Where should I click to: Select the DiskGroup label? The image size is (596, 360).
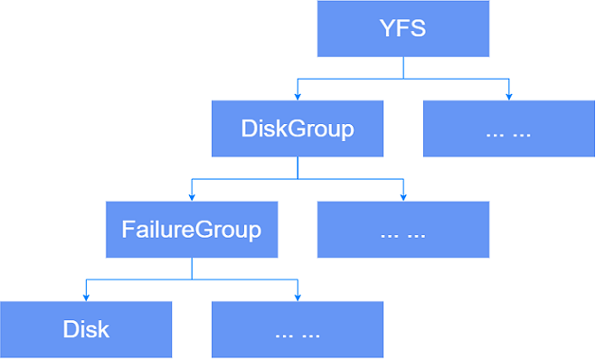[298, 128]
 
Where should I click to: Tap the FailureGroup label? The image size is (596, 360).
[192, 229]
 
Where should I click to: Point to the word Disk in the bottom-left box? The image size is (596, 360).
[86, 329]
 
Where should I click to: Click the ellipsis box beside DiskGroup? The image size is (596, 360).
[508, 129]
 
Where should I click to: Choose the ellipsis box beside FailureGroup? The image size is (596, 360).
[402, 230]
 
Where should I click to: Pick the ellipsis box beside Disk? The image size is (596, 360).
[297, 330]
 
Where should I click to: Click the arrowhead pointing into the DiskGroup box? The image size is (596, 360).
[298, 96]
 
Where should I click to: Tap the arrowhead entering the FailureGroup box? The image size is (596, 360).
[192, 196]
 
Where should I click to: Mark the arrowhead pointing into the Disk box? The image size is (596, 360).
[86, 297]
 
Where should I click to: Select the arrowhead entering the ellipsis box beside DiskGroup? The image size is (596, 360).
[509, 96]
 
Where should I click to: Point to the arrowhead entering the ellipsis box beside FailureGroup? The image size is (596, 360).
[403, 196]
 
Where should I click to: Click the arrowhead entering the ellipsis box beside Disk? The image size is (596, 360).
[298, 297]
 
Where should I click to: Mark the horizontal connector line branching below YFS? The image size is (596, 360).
[452, 79]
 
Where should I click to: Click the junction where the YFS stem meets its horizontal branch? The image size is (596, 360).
[403, 79]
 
